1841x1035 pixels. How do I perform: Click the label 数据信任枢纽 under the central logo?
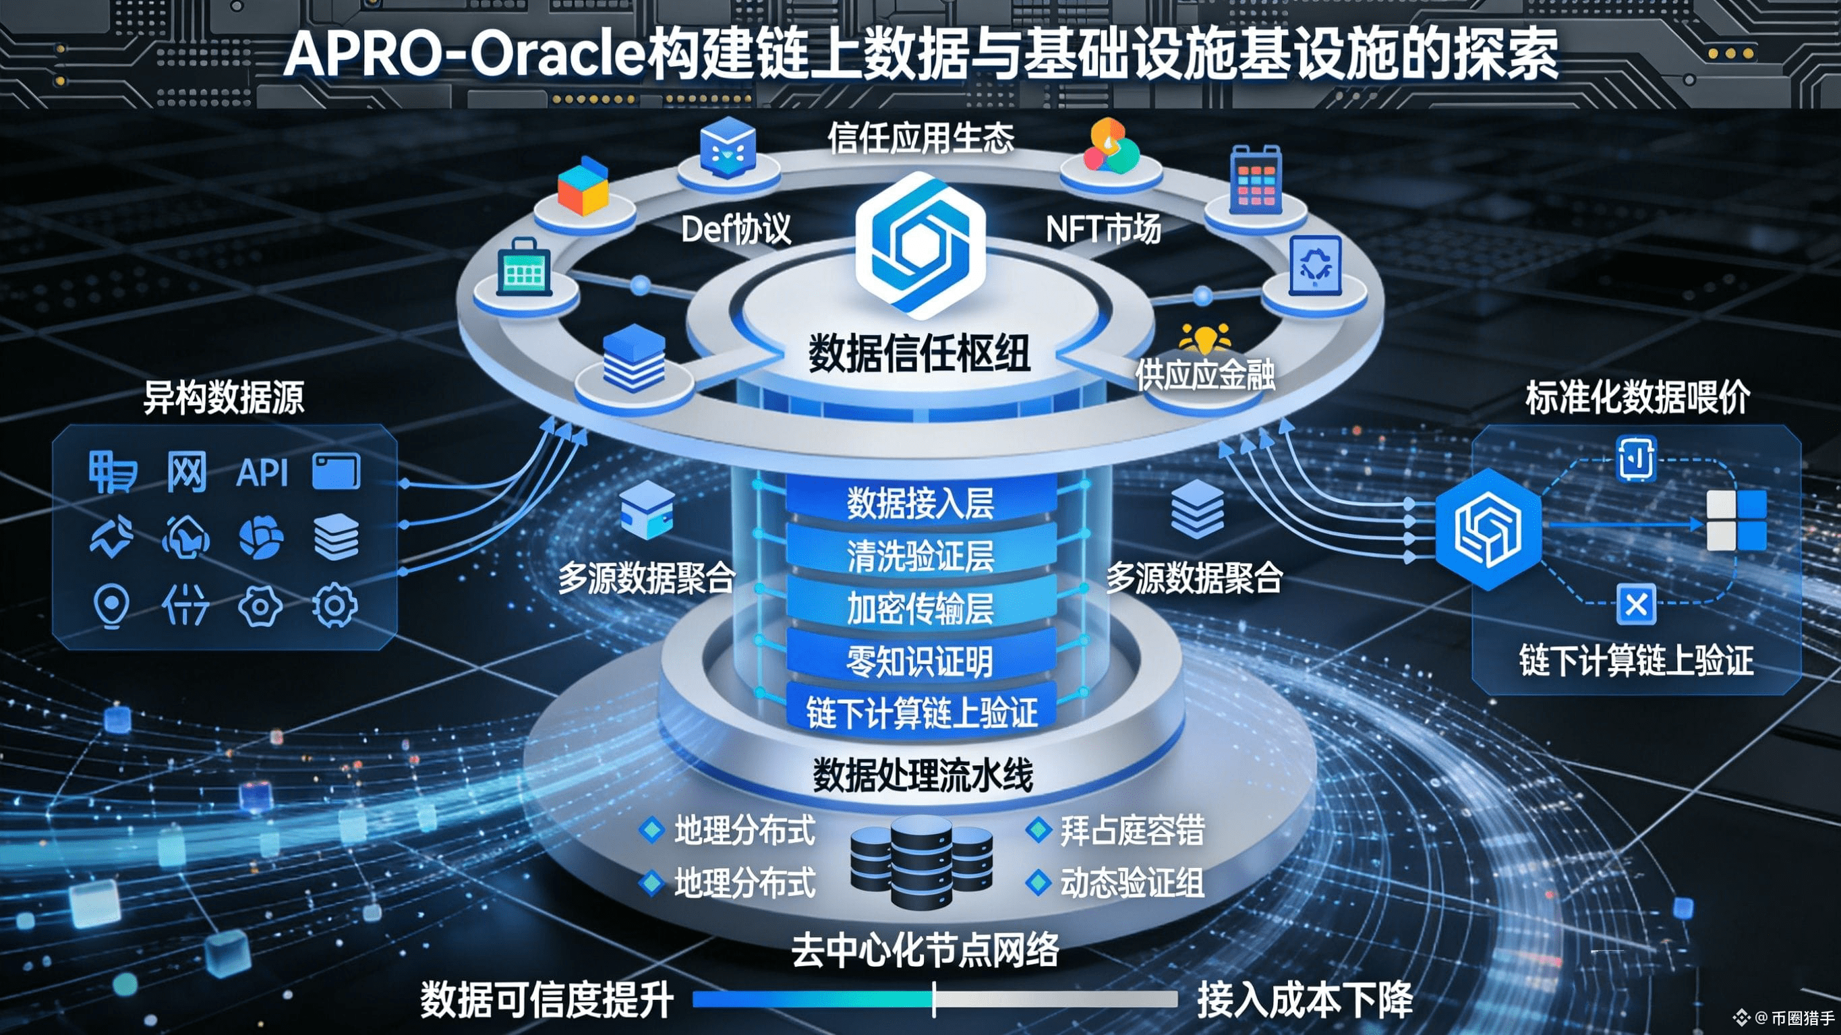click(x=919, y=353)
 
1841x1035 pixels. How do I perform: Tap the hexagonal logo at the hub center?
click(x=920, y=245)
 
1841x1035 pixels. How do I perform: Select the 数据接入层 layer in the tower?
click(x=921, y=503)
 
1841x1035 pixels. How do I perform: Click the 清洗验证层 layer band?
click(x=921, y=556)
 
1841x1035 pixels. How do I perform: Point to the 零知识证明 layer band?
click(x=921, y=661)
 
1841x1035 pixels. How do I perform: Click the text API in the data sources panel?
click(x=262, y=473)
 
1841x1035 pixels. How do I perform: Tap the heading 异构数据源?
click(x=224, y=397)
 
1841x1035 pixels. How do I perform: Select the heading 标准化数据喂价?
click(x=1637, y=397)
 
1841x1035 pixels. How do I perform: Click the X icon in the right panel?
click(x=1636, y=605)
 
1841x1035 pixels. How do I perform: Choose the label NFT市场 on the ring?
click(x=1103, y=229)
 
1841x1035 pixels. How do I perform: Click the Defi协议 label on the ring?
click(x=736, y=229)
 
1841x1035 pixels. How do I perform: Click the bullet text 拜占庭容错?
click(x=1132, y=831)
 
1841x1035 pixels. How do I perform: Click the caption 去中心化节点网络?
click(x=925, y=951)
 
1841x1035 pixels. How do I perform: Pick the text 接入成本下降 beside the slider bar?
click(x=1305, y=1000)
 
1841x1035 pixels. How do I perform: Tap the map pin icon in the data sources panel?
click(x=111, y=606)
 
